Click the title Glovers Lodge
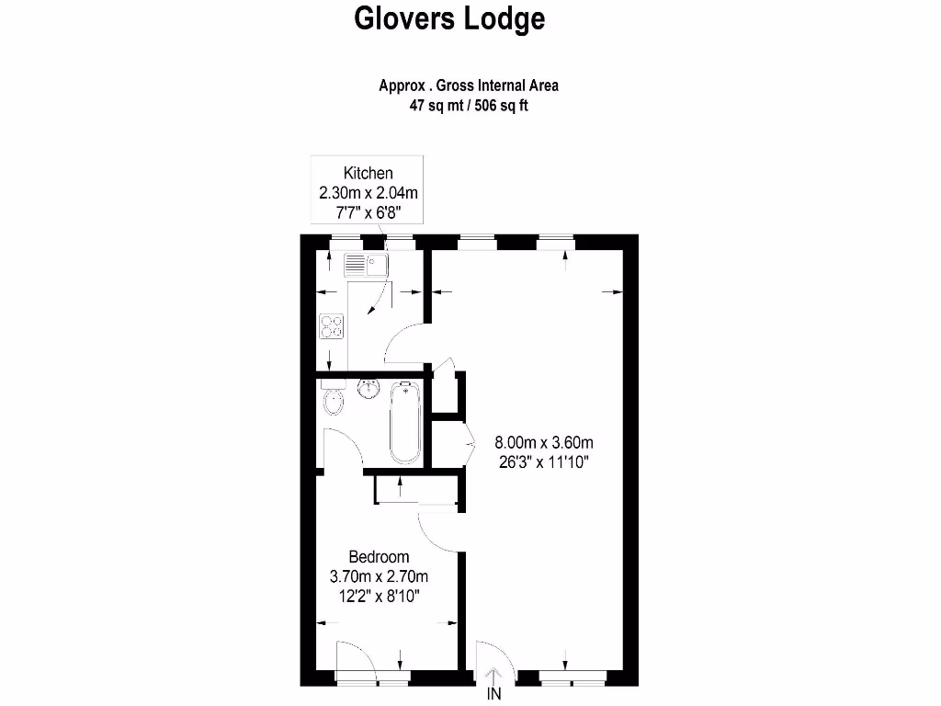point(449,19)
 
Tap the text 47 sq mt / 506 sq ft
point(469,105)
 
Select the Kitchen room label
point(368,173)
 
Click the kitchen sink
point(366,266)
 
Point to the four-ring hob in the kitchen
point(332,326)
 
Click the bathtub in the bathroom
point(405,423)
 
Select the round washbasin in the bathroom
point(368,388)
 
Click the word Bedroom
point(379,557)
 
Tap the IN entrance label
point(494,695)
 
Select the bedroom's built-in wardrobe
point(416,490)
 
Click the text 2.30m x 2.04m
point(368,193)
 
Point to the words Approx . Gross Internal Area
point(469,85)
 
